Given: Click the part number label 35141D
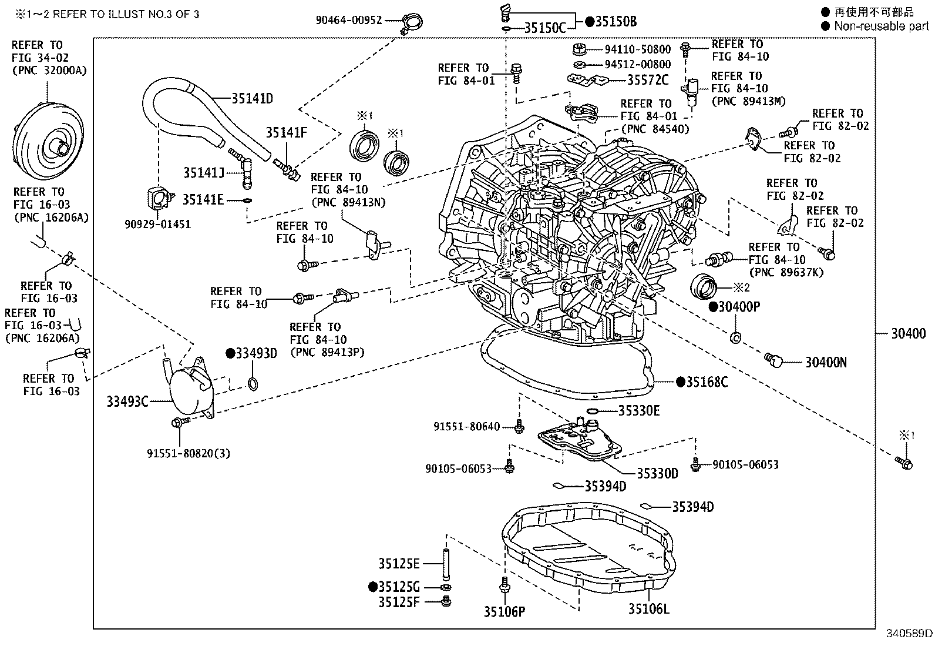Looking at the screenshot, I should pyautogui.click(x=252, y=98).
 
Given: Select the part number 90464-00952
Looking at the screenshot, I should pyautogui.click(x=348, y=20).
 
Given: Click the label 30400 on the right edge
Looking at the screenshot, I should pyautogui.click(x=908, y=333).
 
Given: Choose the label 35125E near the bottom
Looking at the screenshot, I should pyautogui.click(x=399, y=564).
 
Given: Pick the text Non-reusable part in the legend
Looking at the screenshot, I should pyautogui.click(x=881, y=26).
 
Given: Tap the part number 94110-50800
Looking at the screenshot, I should pyautogui.click(x=637, y=49).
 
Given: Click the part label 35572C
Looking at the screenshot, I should pyautogui.click(x=648, y=80).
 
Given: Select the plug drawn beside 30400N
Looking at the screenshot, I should pyautogui.click(x=774, y=359).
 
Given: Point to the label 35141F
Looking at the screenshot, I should pyautogui.click(x=286, y=133).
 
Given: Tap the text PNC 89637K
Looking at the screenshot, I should pyautogui.click(x=787, y=272).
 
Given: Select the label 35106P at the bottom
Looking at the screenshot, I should pyautogui.click(x=504, y=611).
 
